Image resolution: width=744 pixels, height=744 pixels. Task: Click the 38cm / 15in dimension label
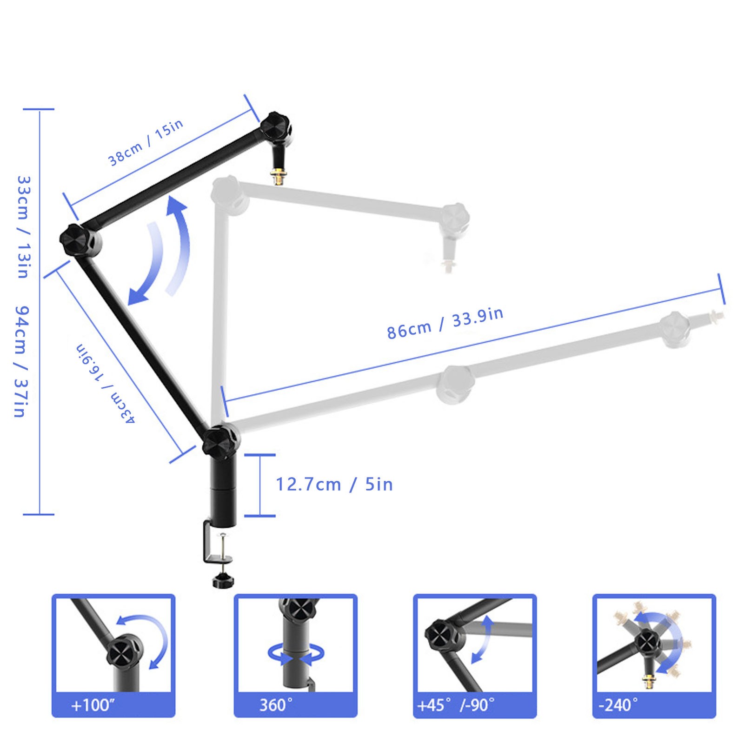tap(146, 142)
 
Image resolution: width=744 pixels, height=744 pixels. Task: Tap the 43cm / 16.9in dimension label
tap(106, 384)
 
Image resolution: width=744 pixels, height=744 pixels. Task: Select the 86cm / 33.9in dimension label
tap(445, 323)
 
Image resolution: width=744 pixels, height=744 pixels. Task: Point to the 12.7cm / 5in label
tap(334, 485)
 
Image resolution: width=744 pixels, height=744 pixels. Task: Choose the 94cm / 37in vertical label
tap(22, 361)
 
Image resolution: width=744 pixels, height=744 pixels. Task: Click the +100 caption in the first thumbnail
tap(92, 705)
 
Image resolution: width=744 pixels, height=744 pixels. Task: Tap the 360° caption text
tap(276, 705)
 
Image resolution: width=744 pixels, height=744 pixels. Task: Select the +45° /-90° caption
tap(456, 705)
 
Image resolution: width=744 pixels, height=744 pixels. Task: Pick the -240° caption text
tap(618, 705)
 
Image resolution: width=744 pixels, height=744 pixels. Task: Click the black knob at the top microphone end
tap(275, 126)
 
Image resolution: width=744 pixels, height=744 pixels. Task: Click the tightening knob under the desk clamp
tap(223, 581)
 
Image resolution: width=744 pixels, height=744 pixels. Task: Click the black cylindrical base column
tap(223, 493)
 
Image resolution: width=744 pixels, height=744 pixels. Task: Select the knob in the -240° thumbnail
tap(647, 643)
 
